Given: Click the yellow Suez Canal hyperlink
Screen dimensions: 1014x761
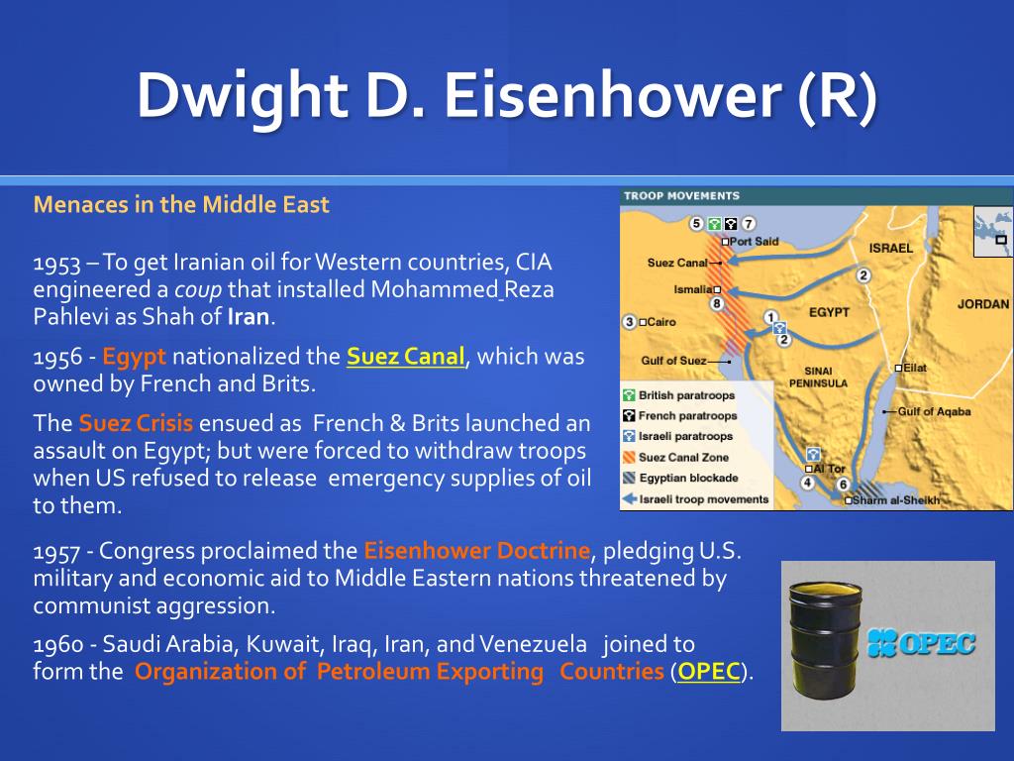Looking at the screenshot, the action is point(405,357).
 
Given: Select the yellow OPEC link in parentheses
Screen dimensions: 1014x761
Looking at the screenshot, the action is point(709,672).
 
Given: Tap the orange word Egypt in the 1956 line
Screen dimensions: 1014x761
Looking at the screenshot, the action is point(134,357).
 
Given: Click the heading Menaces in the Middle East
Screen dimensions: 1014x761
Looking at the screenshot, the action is point(181,204).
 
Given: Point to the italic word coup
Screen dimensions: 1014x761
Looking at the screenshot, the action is point(198,290).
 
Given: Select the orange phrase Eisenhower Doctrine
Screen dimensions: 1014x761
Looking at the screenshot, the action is point(476,551).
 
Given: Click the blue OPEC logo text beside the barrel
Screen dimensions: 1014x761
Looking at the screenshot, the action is point(921,643).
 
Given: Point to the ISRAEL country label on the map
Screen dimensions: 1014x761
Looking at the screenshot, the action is point(890,248).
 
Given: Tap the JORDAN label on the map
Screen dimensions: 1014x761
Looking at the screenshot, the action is point(983,304).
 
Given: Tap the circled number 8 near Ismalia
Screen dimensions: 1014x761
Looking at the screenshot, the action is point(717,303).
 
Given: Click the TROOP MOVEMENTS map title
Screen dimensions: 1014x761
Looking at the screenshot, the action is point(681,196).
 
